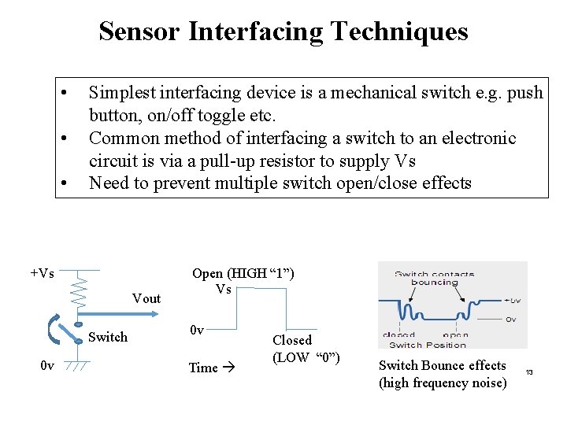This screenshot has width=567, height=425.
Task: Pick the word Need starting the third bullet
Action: pyautogui.click(x=109, y=184)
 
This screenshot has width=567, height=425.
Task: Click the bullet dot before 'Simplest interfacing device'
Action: pyautogui.click(x=63, y=93)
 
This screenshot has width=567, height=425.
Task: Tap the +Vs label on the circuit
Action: pyautogui.click(x=42, y=273)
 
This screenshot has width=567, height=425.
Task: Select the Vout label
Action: pyautogui.click(x=146, y=298)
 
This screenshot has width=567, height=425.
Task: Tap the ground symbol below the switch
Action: pyautogui.click(x=77, y=366)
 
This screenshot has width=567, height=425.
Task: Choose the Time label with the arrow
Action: pyautogui.click(x=209, y=368)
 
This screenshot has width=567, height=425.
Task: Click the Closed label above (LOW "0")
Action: pyautogui.click(x=292, y=340)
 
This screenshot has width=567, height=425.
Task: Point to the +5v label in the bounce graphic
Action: pyautogui.click(x=511, y=300)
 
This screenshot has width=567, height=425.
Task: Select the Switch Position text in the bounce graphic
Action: pyautogui.click(x=428, y=344)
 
